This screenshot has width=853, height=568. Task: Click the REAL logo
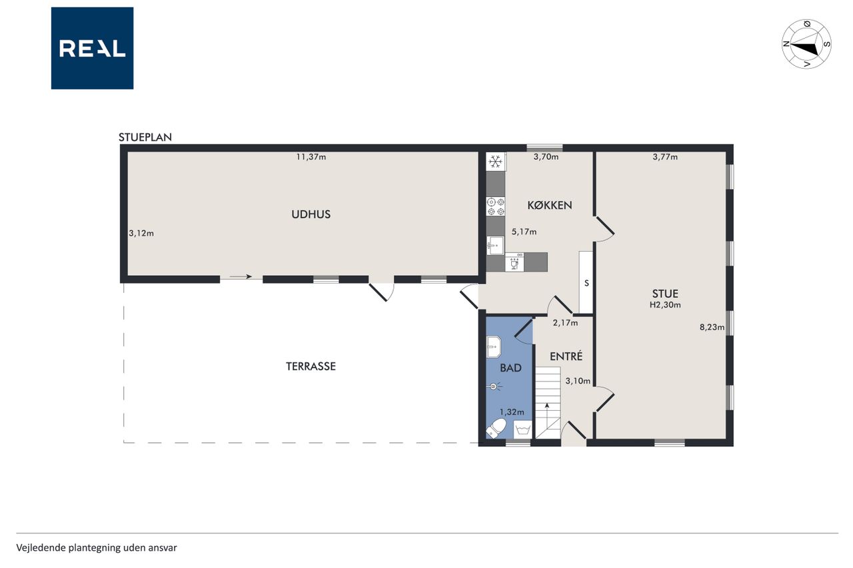pos(92,49)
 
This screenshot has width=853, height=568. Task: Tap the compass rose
pos(806,44)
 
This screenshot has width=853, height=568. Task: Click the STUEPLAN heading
pos(145,137)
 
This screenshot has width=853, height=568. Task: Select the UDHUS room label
pos(311,214)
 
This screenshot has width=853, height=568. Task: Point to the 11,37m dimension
pos(311,156)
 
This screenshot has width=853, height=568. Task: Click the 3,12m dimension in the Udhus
pos(141,233)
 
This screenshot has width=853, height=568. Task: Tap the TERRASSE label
pos(311,366)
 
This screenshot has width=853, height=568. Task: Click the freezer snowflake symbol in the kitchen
pos(495,162)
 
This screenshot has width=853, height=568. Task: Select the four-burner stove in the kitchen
pos(496,206)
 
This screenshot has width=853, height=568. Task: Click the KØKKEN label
pos(550,206)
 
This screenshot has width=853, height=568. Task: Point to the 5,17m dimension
pos(524,232)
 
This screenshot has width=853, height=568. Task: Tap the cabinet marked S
pos(586,283)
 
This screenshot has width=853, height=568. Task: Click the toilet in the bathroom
pos(496,428)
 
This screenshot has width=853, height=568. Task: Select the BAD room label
pos(510,368)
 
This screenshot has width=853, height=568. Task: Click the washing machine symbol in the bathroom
pos(522,429)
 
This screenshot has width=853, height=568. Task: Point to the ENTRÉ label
pos(566,356)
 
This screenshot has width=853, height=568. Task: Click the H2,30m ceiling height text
pos(665,305)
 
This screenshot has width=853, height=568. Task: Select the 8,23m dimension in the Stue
pos(712,327)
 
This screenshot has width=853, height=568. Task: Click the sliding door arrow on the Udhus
pos(241,276)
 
